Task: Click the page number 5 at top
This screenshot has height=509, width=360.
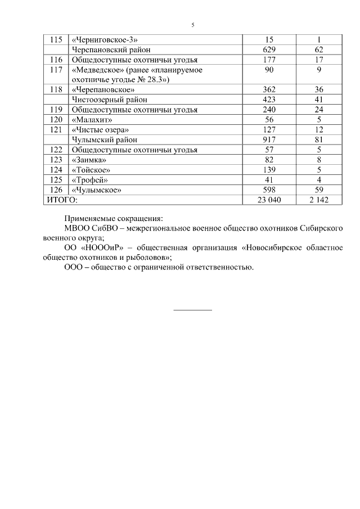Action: tap(193, 25)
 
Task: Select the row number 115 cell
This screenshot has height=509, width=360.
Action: tap(56, 40)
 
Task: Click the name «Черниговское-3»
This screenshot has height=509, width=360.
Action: tap(105, 40)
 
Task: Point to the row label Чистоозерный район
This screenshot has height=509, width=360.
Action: tap(104, 100)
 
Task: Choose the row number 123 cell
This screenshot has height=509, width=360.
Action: tap(56, 160)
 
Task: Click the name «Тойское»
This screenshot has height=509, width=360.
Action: tap(91, 170)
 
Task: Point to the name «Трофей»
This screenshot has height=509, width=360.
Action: tap(89, 180)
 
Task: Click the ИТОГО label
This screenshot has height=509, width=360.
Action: tap(62, 200)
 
